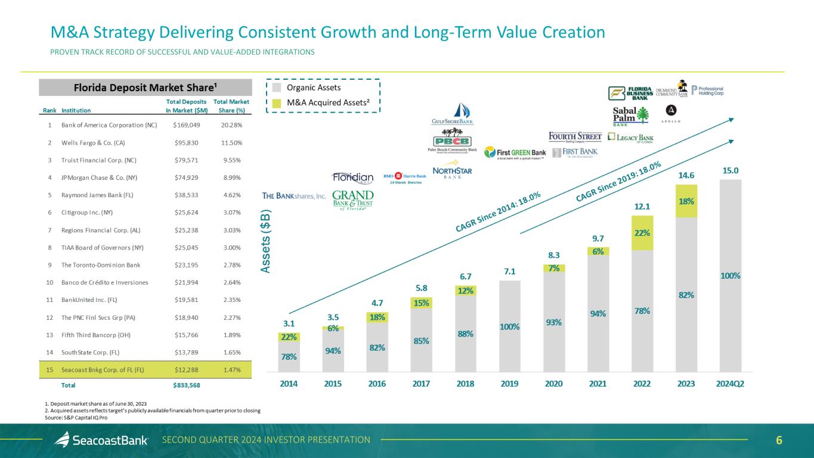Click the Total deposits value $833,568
tap(187, 385)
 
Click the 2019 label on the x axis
tap(509, 384)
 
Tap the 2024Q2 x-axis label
tap(729, 384)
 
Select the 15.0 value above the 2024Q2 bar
tap(731, 170)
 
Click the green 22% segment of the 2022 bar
tap(642, 233)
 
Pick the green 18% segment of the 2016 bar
tap(377, 317)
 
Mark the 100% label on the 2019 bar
tap(510, 326)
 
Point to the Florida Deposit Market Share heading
tap(145, 88)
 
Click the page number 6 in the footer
tap(779, 440)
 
